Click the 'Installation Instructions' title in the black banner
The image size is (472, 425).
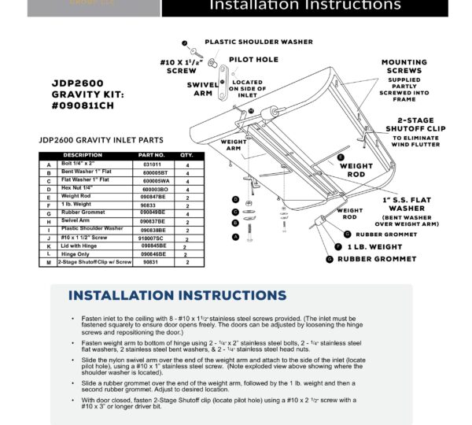point(304,6)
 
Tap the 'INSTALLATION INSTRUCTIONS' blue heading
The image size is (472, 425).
point(176,296)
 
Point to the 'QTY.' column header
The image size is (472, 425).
point(186,155)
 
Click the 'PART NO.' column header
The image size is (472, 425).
point(151,155)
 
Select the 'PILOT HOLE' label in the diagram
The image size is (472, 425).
point(253,59)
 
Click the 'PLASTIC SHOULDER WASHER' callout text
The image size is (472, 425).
point(259,42)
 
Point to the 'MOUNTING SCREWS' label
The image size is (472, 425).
point(404,68)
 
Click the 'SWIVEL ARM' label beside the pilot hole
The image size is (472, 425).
point(204,88)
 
